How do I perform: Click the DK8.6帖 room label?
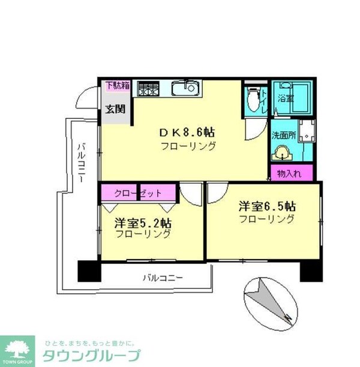coord(187,132)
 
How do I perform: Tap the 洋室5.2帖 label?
coord(143,222)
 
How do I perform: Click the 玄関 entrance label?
coord(116,109)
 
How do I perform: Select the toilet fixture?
coord(253,98)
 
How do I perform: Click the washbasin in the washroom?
coord(281,154)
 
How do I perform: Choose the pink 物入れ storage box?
coord(291,173)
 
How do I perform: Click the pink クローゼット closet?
coord(139,193)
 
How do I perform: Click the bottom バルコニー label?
coord(162,278)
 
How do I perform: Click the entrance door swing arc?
coord(89,96)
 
